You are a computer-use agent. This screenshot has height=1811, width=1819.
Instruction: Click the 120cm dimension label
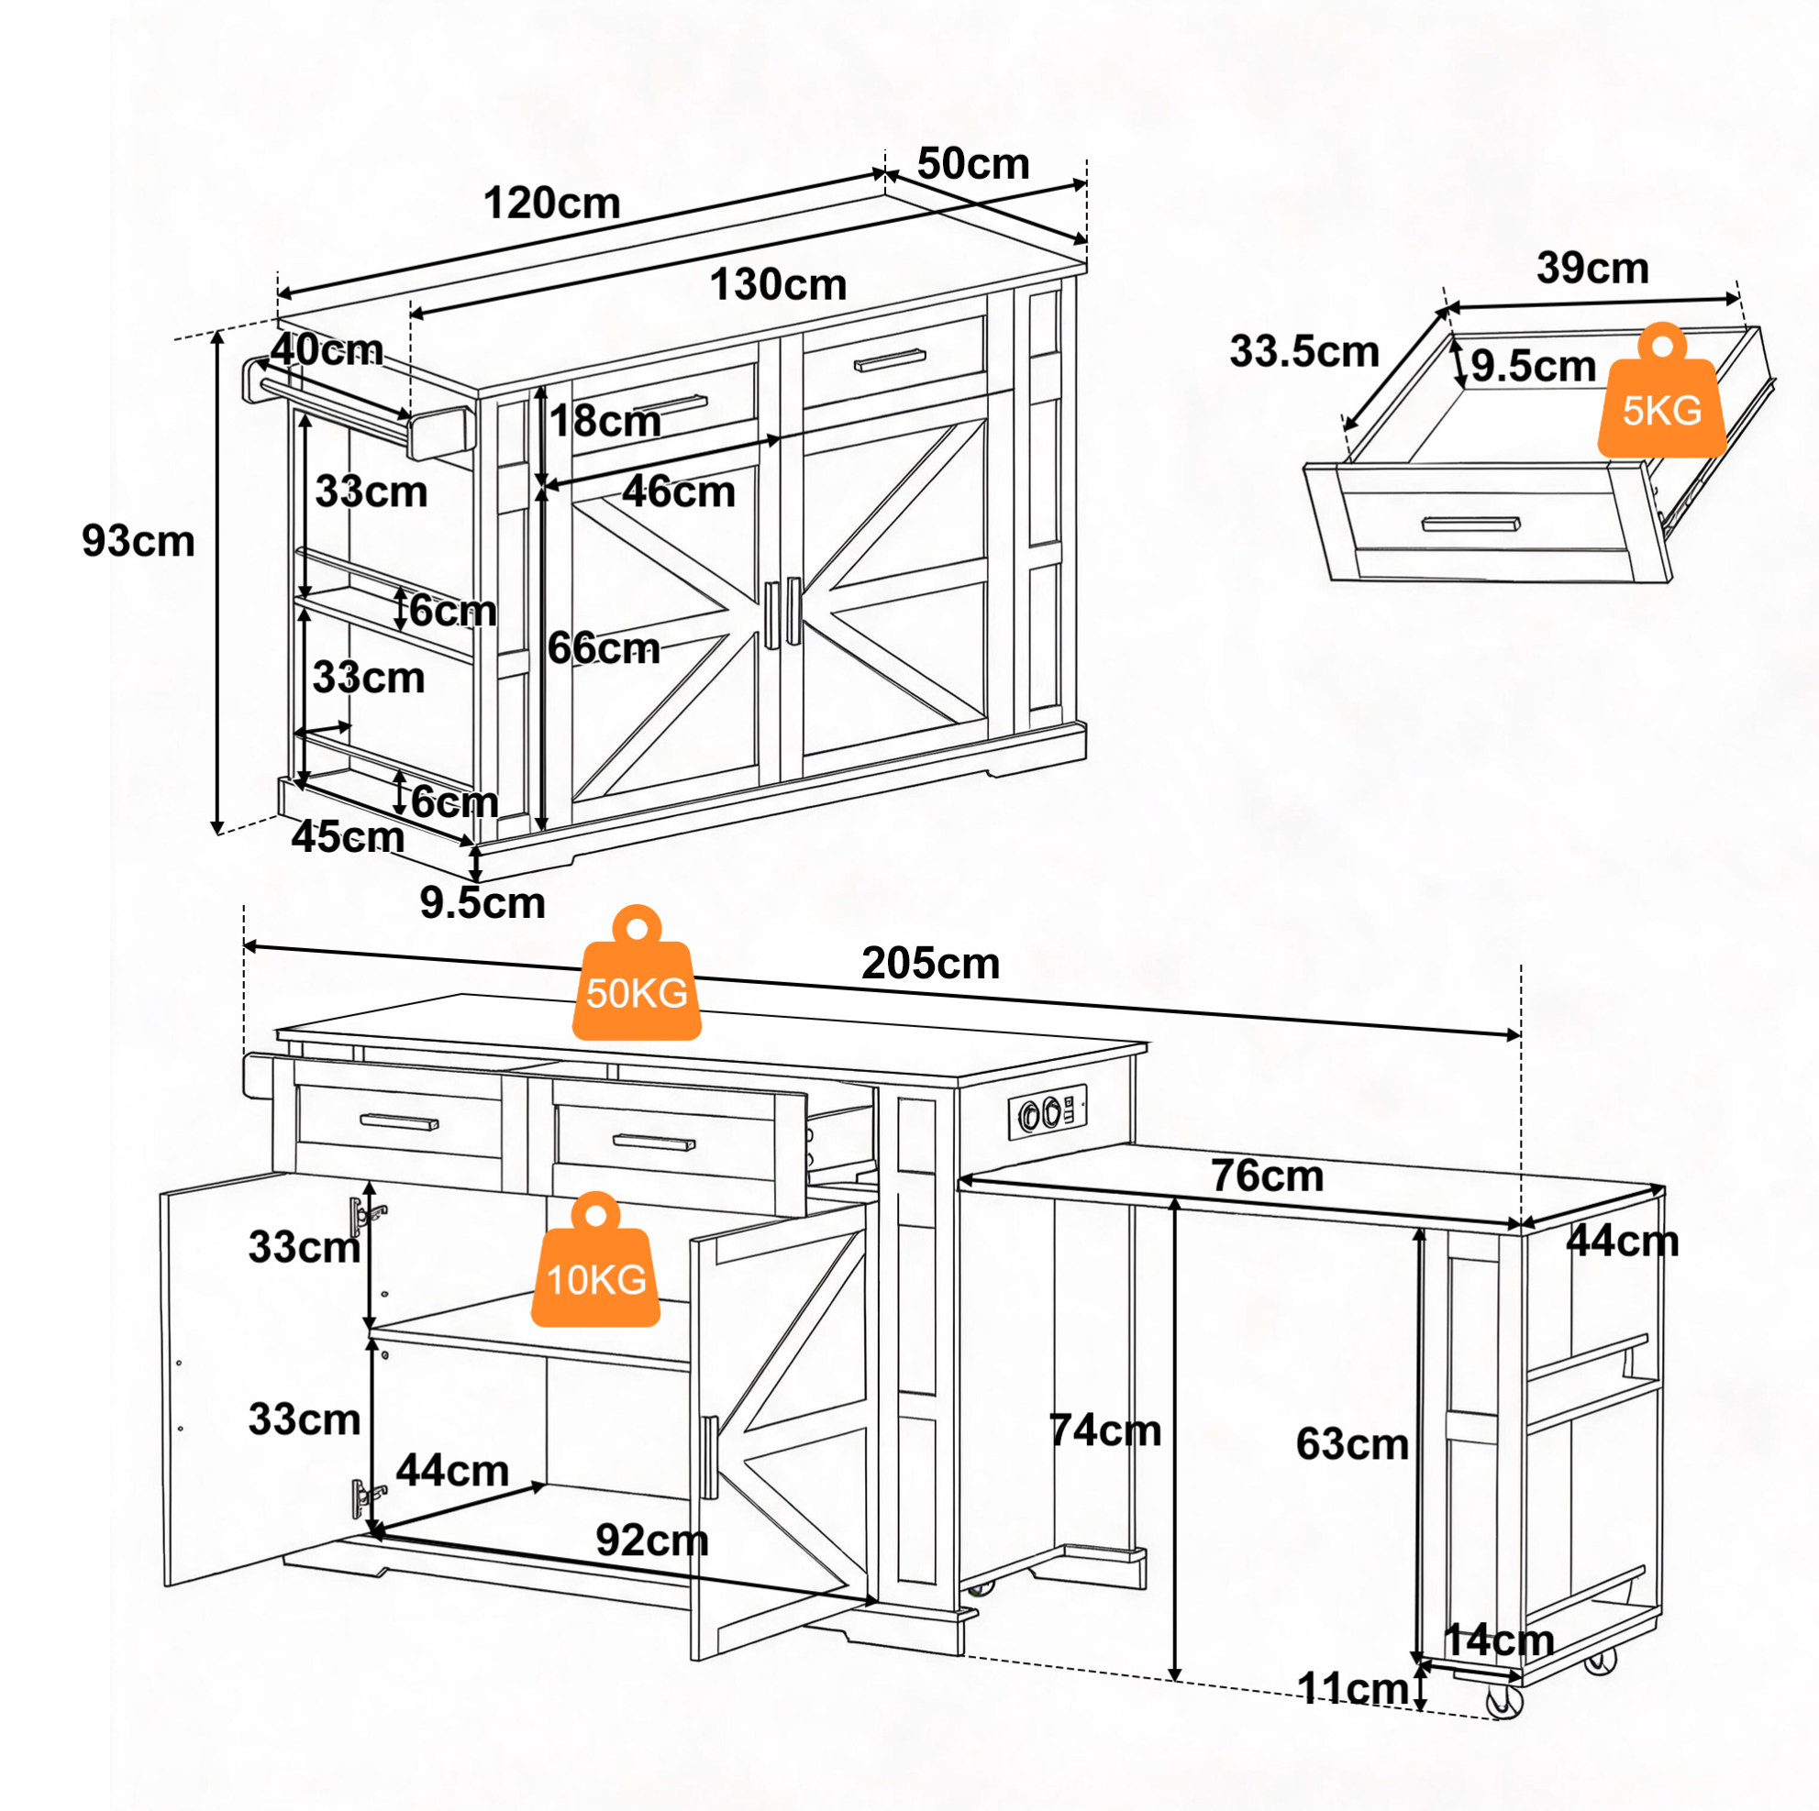[551, 204]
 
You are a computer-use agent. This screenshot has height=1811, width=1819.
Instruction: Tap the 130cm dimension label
[778, 284]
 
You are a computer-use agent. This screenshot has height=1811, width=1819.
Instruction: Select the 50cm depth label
[972, 164]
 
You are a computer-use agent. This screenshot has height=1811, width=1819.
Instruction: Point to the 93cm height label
[139, 541]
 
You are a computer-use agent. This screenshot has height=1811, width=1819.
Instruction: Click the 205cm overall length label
[930, 964]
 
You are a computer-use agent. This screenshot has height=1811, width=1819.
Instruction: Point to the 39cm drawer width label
[1592, 269]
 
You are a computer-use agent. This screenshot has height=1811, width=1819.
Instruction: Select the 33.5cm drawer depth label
[1304, 352]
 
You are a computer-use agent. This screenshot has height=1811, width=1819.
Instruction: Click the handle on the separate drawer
[1470, 525]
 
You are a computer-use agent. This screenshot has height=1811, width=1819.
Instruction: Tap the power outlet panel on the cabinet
[1048, 1113]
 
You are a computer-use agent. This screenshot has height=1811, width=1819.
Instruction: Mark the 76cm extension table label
[1268, 1176]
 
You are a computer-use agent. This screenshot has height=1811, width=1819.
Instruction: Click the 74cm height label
[1104, 1430]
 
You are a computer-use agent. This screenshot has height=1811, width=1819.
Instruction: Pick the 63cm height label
[1352, 1444]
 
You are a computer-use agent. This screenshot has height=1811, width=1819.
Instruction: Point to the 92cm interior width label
[651, 1540]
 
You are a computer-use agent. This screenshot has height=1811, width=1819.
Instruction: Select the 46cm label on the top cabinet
[679, 491]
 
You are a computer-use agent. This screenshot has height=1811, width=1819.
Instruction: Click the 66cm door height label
[604, 648]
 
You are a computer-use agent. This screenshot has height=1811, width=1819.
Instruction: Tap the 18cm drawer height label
[605, 421]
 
